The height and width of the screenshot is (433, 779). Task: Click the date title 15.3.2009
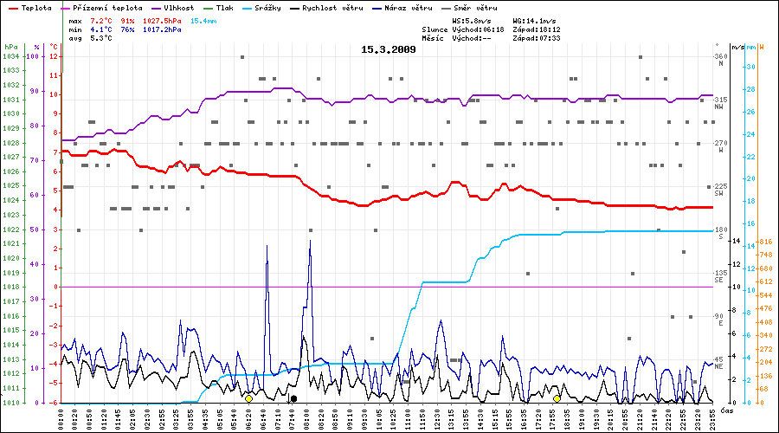389,49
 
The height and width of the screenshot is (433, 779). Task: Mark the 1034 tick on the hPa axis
10,56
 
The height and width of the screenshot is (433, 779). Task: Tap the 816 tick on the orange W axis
765,241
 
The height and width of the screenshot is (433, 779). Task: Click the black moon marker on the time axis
294,398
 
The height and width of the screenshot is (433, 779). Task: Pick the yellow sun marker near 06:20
248,398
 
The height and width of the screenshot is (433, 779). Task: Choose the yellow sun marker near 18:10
557,398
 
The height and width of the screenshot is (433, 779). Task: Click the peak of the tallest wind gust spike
310,241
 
